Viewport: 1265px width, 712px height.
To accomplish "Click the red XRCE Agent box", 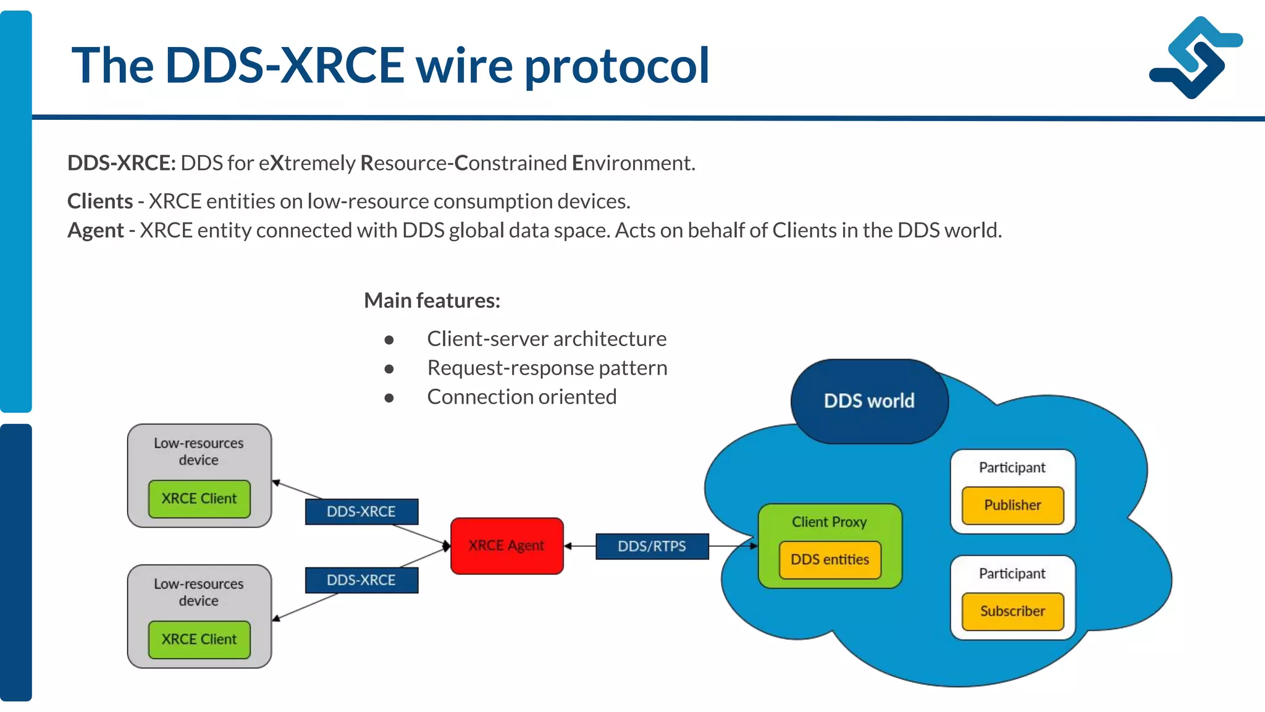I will click(506, 546).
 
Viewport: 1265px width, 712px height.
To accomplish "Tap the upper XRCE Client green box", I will click(199, 499).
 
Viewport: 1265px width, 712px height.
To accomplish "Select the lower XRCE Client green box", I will click(199, 639).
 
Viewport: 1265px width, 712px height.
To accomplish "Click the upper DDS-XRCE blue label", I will click(361, 512).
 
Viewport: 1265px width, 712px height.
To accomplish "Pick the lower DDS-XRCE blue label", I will click(361, 580).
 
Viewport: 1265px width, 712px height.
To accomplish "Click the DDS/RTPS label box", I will click(652, 546).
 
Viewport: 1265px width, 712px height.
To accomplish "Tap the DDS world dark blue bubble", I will click(869, 401).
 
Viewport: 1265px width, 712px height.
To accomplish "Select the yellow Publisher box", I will click(1012, 505).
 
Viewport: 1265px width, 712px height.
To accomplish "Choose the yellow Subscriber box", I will click(1012, 611).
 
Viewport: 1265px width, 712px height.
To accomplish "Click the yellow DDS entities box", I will click(830, 560).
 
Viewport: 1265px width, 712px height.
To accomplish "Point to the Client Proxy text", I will click(829, 522).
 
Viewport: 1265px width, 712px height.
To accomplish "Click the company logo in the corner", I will click(1195, 57).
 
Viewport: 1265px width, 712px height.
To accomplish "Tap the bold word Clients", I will click(100, 201).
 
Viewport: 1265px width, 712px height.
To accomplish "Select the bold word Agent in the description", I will click(96, 231).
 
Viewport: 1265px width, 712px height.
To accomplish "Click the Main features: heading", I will click(432, 300).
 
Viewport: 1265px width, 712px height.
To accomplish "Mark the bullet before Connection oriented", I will click(389, 397).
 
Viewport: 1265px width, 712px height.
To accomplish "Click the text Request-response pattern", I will click(547, 368).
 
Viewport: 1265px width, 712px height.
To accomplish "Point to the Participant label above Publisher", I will click(1012, 468).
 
